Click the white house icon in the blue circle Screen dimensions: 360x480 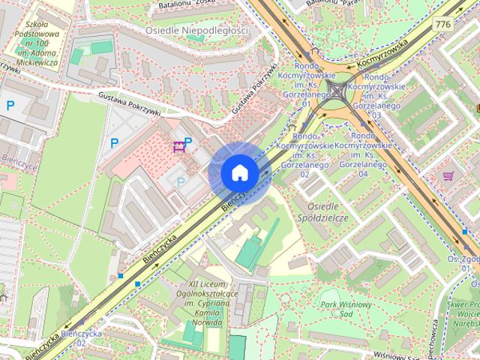(x=239, y=173)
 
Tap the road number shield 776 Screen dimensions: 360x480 (x=442, y=24)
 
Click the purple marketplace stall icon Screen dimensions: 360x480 (x=178, y=145)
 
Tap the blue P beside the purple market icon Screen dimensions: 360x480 (x=189, y=142)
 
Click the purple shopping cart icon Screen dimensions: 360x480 (x=448, y=175)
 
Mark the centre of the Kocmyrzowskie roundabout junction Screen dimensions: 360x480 (x=338, y=93)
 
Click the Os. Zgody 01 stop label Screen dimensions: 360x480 (x=466, y=262)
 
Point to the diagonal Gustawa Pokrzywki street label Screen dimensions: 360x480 (x=250, y=96)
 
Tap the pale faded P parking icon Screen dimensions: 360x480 (x=180, y=181)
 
